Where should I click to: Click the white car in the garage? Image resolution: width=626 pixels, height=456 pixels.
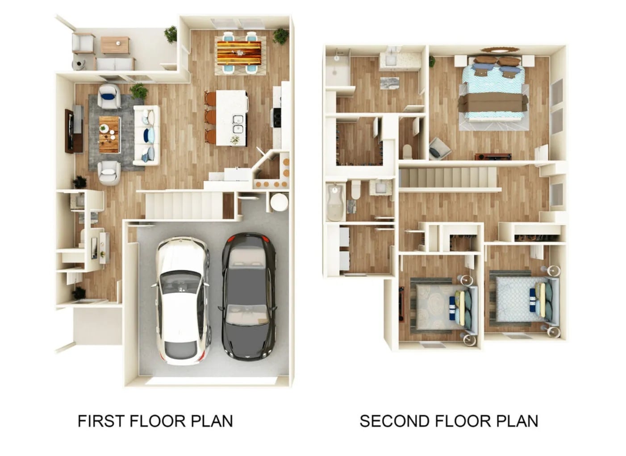click(182, 301)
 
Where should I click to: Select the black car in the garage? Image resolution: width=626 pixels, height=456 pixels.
click(249, 297)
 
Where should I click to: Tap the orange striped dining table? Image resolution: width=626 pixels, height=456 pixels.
click(239, 53)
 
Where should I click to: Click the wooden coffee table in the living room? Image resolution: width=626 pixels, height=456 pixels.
click(110, 135)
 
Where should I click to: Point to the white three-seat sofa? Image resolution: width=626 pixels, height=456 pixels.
click(147, 136)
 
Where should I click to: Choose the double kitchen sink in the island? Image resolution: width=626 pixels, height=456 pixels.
click(238, 124)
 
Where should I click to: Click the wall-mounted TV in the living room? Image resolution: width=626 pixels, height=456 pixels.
click(69, 131)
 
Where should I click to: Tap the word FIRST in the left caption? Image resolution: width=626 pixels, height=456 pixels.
click(101, 421)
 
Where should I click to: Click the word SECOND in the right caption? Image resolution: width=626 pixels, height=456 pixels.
click(394, 421)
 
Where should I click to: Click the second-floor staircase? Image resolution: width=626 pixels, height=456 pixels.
click(449, 178)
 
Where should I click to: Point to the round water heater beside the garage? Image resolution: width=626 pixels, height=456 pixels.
click(279, 202)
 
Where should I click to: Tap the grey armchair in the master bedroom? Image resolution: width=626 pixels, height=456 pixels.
click(439, 149)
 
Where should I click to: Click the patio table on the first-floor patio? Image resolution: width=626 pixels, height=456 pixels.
click(115, 45)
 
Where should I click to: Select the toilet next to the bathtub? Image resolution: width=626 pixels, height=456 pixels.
click(356, 190)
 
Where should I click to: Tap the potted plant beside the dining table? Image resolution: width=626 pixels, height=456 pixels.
click(280, 36)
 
